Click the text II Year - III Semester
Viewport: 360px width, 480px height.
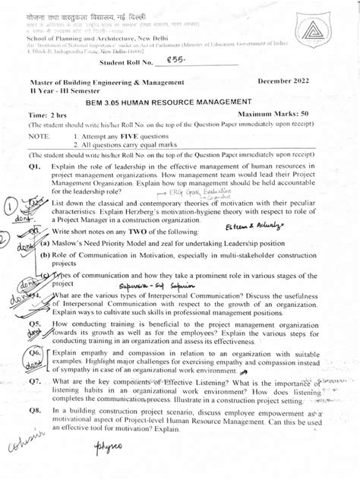click(x=65, y=90)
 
